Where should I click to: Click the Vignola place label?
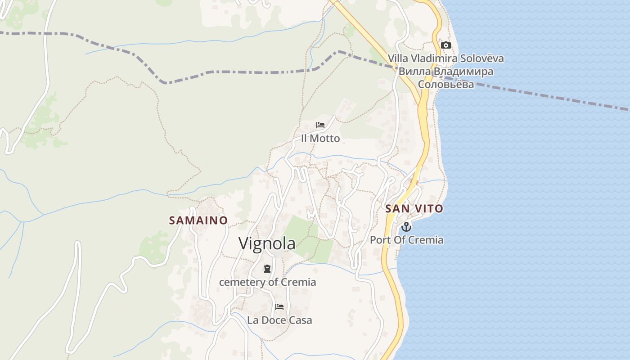267,243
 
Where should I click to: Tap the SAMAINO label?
198,220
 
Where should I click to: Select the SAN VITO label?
414,209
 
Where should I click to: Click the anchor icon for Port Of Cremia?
406,226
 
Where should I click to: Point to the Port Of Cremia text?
406,240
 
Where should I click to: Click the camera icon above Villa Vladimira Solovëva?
446,45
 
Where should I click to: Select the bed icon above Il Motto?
320,125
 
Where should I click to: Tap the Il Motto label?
320,139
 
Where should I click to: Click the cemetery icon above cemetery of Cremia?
267,269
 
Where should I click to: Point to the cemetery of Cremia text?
267,283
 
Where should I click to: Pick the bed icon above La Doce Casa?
279,307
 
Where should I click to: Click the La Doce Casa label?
279,320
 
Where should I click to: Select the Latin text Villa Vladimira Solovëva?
446,58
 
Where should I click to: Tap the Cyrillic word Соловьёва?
446,84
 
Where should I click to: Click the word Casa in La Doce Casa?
300,320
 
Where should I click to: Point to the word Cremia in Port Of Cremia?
426,240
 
